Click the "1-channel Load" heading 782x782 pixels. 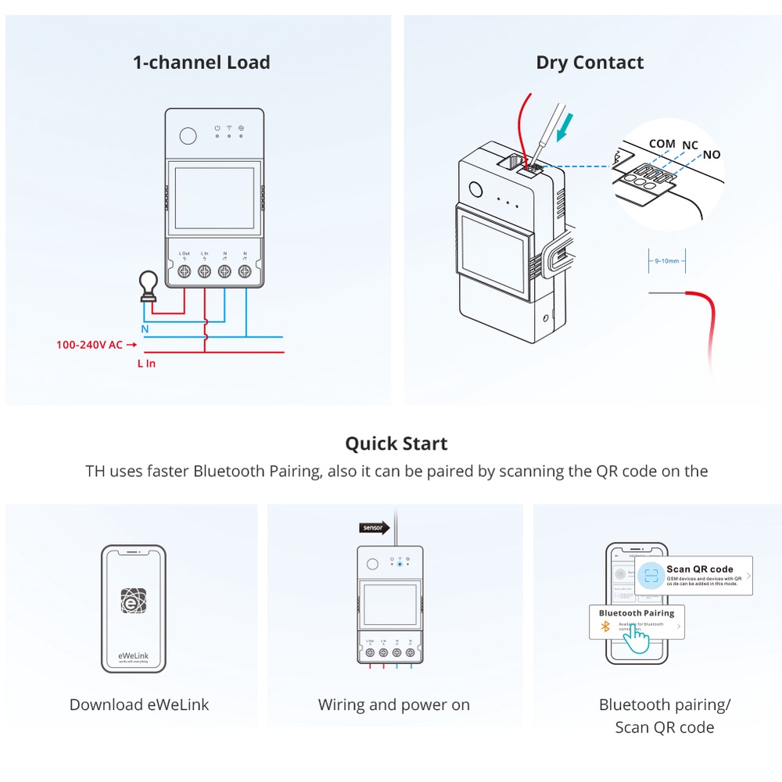coord(201,63)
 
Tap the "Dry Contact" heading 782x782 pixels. coord(590,63)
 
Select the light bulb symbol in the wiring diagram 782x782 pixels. coord(146,287)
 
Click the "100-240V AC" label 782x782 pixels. coord(89,345)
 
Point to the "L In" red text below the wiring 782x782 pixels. coord(146,364)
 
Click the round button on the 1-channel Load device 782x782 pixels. coord(188,135)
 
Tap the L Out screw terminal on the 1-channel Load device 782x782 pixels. coord(185,271)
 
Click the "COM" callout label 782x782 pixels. coord(662,144)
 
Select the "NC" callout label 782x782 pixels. coord(690,145)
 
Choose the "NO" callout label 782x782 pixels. coord(711,155)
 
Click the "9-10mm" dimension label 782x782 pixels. coord(667,261)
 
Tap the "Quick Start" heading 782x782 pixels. coord(396,443)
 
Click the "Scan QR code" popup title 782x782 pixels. coord(700,569)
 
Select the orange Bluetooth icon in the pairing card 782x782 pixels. coord(604,626)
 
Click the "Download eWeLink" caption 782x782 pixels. coord(139,705)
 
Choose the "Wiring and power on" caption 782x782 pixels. coord(393,705)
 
